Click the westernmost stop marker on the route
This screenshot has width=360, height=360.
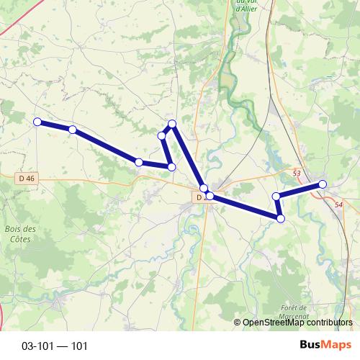[x=37, y=122]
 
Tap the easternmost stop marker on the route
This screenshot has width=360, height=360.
[x=323, y=185]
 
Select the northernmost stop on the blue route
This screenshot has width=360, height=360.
[x=172, y=124]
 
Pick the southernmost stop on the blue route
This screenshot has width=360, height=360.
[x=281, y=218]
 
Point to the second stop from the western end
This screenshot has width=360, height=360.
[x=73, y=130]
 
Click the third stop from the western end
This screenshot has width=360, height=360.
[x=139, y=163]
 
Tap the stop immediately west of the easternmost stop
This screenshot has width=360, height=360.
[x=276, y=196]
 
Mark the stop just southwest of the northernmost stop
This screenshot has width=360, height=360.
[x=162, y=135]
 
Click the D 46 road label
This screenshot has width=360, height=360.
[x=26, y=176]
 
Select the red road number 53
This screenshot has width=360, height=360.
[x=297, y=174]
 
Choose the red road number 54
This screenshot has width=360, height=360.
[x=339, y=205]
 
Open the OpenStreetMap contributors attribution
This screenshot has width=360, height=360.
[x=297, y=323]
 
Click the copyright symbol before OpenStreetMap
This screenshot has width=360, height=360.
[x=237, y=323]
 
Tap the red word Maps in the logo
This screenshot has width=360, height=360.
[x=336, y=346]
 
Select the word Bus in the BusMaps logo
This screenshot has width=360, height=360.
[x=310, y=346]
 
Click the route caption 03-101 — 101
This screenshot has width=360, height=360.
[x=55, y=346]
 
